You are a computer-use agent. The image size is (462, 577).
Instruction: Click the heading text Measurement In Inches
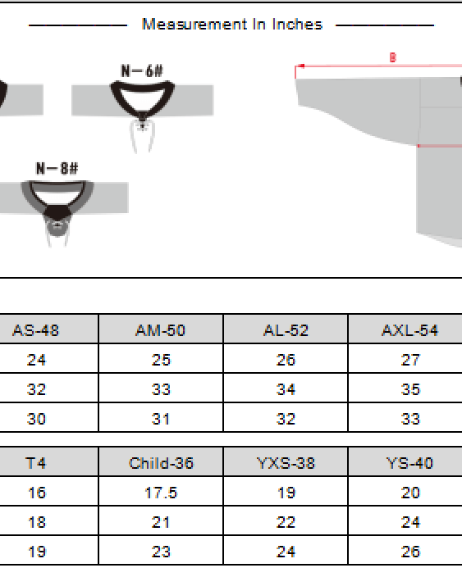(231, 25)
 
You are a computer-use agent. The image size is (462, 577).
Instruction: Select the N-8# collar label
(57, 169)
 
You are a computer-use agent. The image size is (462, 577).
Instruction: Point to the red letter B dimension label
(392, 58)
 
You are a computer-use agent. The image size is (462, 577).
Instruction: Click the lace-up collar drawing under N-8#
(57, 205)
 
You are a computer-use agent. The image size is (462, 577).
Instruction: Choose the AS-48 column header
(36, 330)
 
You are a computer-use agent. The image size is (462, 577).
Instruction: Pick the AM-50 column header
(160, 330)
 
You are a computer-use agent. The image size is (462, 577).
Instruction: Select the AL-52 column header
(286, 330)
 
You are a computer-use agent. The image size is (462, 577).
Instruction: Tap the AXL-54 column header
(409, 330)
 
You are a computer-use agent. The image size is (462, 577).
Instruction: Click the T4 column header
(36, 463)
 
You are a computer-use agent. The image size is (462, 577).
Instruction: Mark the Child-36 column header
(161, 463)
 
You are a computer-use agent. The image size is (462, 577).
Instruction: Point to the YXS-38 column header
(286, 463)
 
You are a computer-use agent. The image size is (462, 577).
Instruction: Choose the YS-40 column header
(409, 463)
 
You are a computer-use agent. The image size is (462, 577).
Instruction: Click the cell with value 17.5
(161, 493)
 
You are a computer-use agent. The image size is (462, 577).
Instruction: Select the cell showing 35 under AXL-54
(410, 389)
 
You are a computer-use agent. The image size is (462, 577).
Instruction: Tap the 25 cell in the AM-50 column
(161, 360)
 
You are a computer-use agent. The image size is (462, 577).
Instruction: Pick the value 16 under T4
(36, 493)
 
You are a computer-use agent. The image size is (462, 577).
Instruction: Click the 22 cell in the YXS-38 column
(286, 522)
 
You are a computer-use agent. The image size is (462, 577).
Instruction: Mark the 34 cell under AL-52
(286, 389)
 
